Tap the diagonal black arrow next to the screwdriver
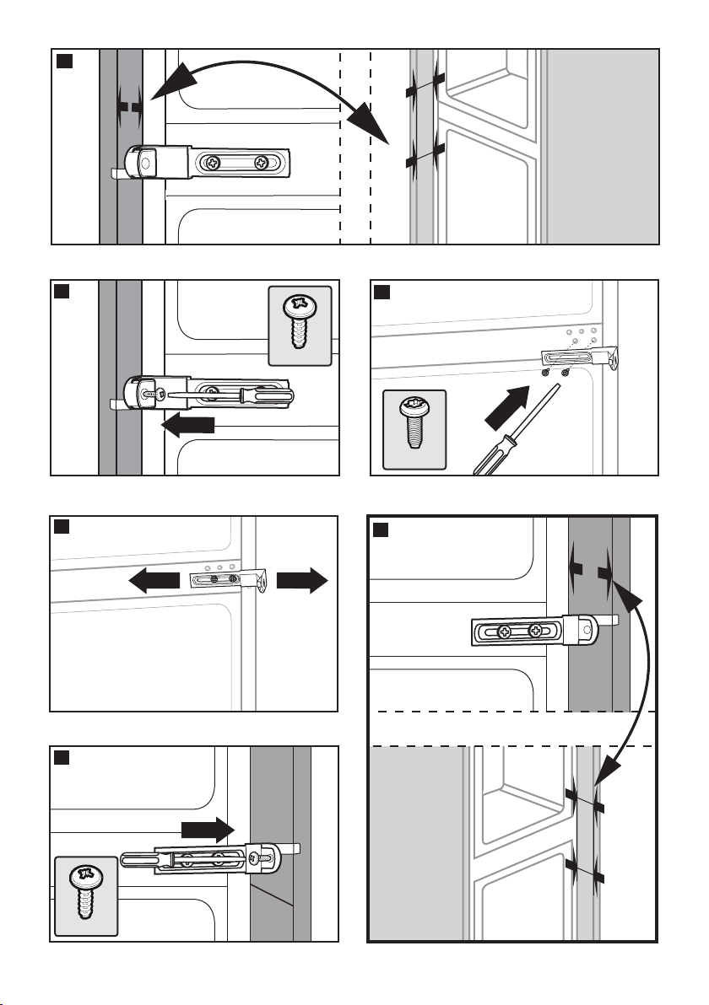point(505,412)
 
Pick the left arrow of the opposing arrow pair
point(155,580)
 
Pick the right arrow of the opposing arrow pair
point(300,580)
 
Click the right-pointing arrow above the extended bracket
point(206,828)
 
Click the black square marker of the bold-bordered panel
point(382,529)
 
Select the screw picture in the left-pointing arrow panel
point(300,325)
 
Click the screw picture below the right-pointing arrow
point(85,895)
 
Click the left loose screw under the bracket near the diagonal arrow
point(546,372)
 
